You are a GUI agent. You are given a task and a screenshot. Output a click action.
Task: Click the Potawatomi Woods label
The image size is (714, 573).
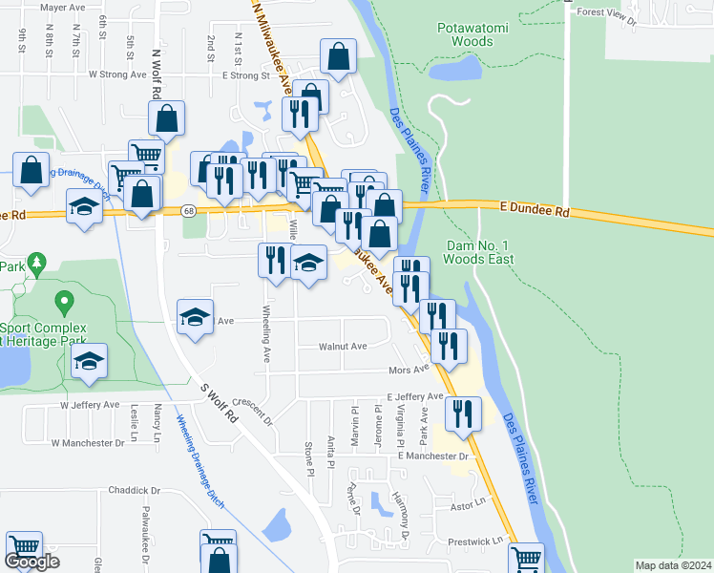472,34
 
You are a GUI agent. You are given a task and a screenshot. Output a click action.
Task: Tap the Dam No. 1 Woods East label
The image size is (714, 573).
480,252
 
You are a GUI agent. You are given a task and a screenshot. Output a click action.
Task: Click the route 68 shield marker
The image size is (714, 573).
189,210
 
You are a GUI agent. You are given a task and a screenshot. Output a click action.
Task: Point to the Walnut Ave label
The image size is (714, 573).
343,346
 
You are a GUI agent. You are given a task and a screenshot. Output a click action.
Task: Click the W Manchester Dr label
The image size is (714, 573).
88,443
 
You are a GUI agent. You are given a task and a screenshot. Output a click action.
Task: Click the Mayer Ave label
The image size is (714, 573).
63,7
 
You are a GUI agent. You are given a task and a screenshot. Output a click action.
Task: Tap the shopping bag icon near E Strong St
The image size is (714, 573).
338,55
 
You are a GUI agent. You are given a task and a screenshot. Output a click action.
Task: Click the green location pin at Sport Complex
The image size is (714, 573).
64,304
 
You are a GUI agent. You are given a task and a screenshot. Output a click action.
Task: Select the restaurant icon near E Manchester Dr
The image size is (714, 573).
463,414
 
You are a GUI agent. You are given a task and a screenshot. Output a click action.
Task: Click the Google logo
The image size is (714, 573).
31,562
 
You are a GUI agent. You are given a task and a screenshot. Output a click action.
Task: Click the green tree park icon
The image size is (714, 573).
36,261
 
